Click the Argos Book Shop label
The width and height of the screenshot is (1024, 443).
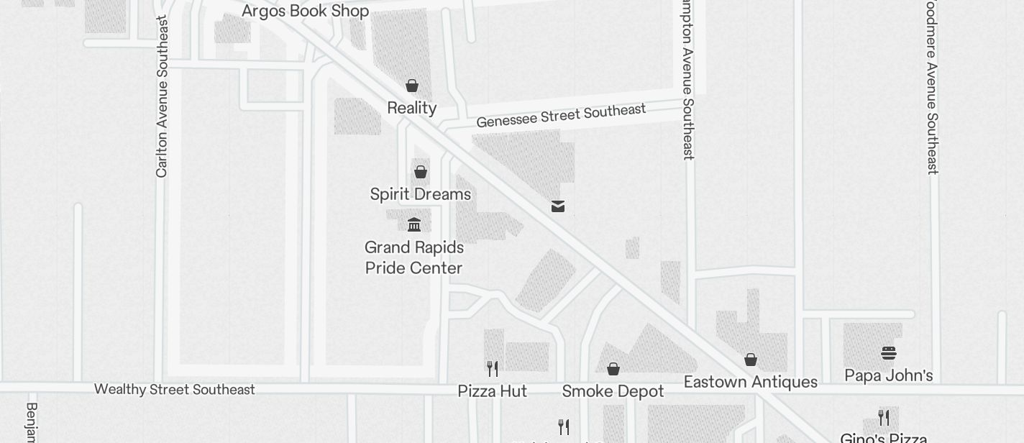click(x=305, y=11)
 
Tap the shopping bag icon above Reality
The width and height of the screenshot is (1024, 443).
click(x=412, y=86)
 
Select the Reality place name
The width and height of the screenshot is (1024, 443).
click(x=412, y=108)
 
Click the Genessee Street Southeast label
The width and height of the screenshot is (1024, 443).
click(x=561, y=115)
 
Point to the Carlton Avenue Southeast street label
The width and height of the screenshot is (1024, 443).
click(x=162, y=96)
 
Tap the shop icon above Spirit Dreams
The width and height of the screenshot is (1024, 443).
click(x=421, y=172)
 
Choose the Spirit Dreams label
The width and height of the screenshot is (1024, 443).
click(x=421, y=194)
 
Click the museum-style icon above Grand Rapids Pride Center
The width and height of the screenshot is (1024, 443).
click(x=414, y=225)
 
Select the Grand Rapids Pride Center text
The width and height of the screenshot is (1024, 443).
click(x=414, y=257)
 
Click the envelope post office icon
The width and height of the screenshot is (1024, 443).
click(x=558, y=206)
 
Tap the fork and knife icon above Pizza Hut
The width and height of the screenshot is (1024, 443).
click(x=493, y=369)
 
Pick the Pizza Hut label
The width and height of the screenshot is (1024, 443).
click(x=493, y=391)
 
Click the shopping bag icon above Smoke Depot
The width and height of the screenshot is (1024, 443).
click(x=613, y=369)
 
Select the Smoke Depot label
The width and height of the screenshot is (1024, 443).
click(x=613, y=391)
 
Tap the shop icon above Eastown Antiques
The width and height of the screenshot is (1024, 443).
click(x=751, y=360)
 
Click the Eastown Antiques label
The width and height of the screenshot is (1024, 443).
click(x=751, y=382)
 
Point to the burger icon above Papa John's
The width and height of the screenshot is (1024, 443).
click(x=889, y=353)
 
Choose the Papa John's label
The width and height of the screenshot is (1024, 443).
click(x=889, y=375)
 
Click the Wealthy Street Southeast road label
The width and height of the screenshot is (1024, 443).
click(x=175, y=389)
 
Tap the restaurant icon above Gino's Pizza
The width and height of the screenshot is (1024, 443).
click(x=884, y=418)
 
